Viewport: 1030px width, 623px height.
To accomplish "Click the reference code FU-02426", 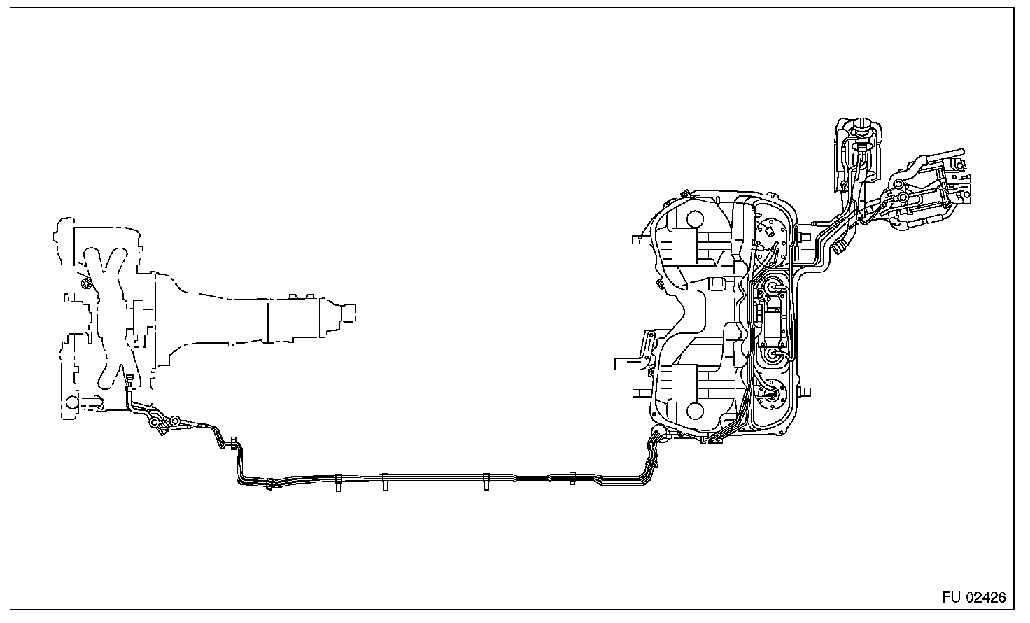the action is coord(973,598).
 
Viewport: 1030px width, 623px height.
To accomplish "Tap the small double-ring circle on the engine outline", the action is coord(86,283).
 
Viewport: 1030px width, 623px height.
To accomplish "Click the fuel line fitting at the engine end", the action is coord(129,381).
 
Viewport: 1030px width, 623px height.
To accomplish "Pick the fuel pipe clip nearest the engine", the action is coord(269,482).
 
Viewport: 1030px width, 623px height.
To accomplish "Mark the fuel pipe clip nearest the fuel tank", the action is coord(572,478).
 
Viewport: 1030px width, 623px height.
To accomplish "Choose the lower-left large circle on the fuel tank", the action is coord(694,409).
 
